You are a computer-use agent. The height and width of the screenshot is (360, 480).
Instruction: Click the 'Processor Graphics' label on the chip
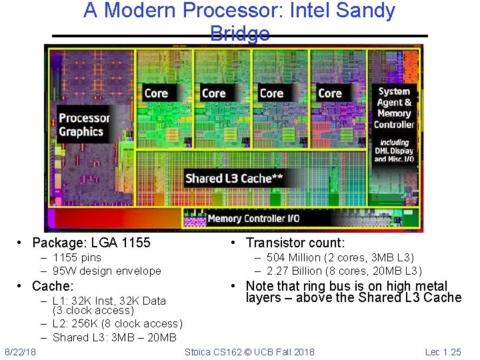[84, 125]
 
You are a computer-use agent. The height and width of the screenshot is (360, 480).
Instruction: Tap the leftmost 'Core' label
[156, 93]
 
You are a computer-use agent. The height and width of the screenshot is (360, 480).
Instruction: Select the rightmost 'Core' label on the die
[330, 93]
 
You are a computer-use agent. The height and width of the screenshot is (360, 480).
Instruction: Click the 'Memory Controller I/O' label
[253, 218]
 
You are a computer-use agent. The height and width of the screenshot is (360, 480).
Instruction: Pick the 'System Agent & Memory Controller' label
[394, 108]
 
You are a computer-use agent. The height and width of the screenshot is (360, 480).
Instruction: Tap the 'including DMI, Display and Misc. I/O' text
[393, 151]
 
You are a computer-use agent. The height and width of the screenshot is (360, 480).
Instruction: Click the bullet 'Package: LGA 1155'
[91, 243]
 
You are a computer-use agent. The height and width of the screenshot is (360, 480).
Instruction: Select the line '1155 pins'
[77, 257]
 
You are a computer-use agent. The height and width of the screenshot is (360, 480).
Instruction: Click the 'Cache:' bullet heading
[53, 286]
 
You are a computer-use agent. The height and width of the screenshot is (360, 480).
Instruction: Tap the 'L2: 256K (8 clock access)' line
[117, 323]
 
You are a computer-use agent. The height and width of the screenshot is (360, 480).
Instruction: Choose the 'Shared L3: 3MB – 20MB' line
[115, 337]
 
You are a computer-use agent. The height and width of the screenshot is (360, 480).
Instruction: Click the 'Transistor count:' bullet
[295, 243]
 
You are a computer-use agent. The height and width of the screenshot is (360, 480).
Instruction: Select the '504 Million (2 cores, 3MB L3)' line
[340, 257]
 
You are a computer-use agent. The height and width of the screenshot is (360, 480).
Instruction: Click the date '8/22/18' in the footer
[20, 351]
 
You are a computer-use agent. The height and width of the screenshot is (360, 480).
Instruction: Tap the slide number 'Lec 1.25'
[443, 351]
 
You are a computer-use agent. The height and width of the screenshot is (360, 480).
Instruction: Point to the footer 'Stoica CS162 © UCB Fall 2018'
[249, 351]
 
